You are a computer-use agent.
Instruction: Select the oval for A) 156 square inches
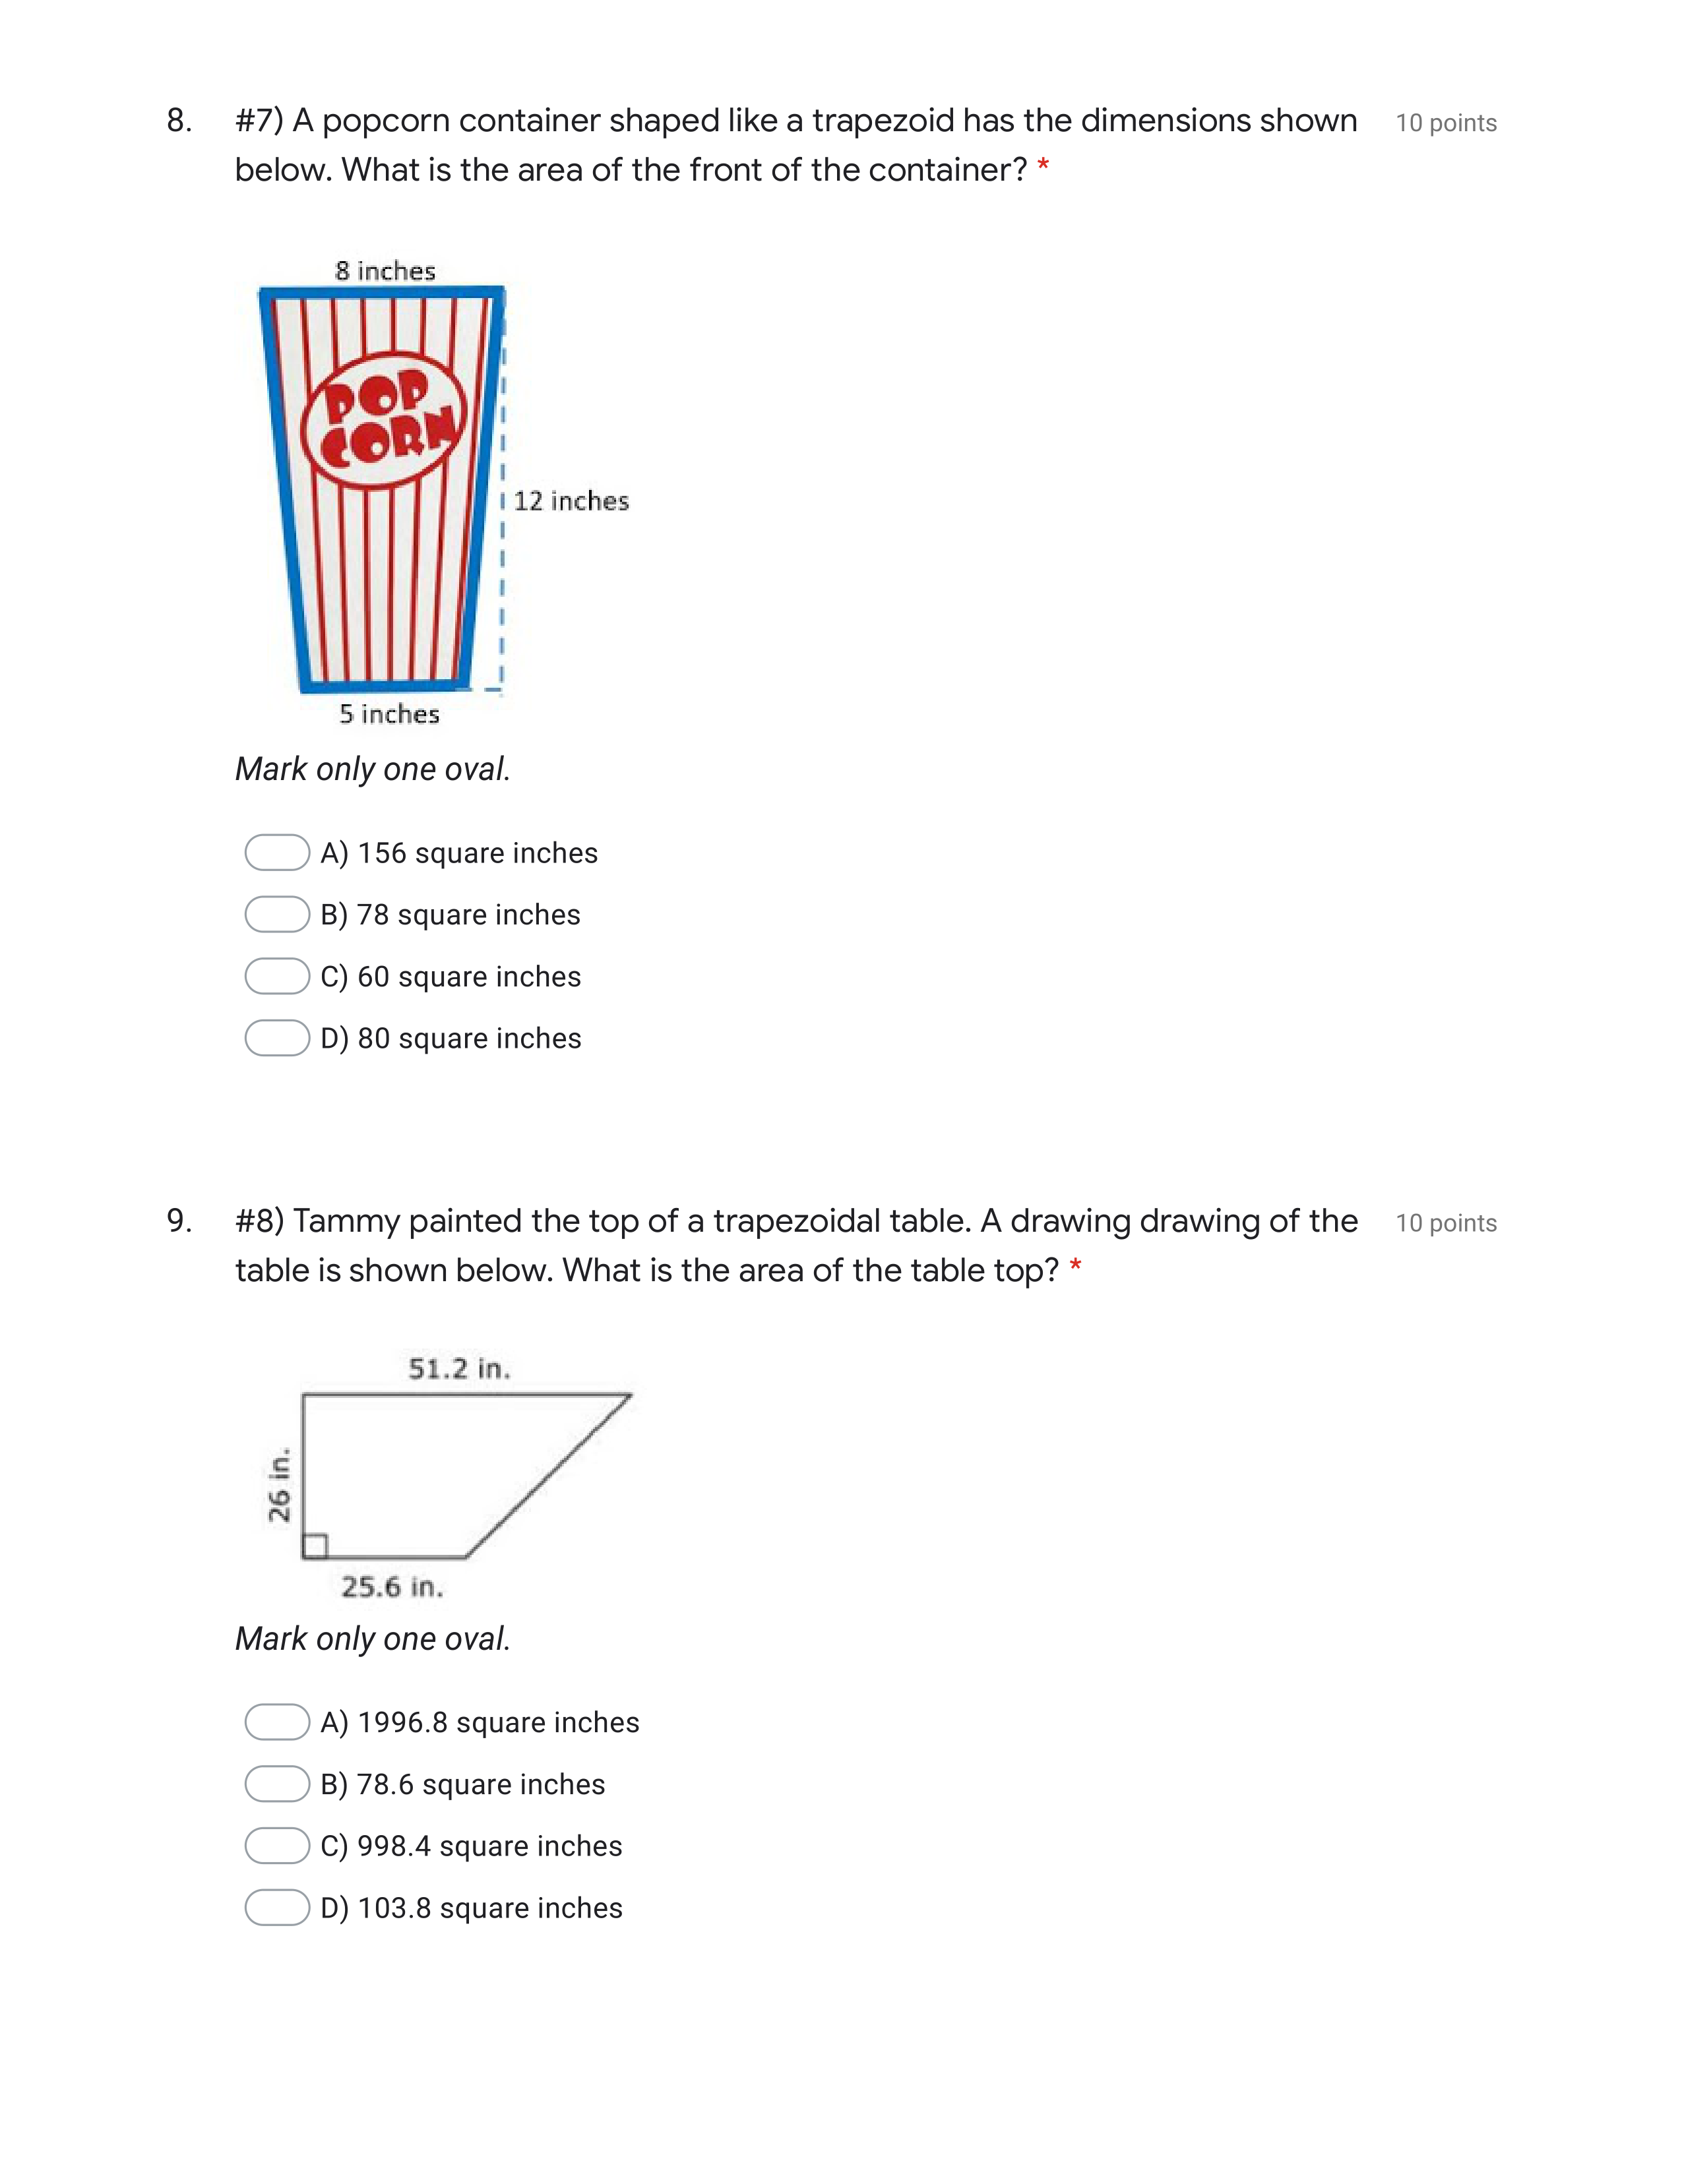pyautogui.click(x=277, y=853)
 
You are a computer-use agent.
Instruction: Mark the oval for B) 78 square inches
pyautogui.click(x=277, y=915)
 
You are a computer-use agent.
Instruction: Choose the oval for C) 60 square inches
pyautogui.click(x=277, y=977)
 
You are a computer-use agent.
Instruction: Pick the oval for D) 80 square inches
pyautogui.click(x=277, y=1038)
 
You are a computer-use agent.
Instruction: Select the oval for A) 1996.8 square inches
pyautogui.click(x=277, y=1722)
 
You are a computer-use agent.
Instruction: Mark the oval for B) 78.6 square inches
pyautogui.click(x=277, y=1784)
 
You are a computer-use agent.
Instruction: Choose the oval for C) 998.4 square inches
pyautogui.click(x=277, y=1846)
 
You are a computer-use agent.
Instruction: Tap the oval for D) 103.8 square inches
pyautogui.click(x=277, y=1908)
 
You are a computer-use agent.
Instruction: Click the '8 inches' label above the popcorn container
pyautogui.click(x=386, y=271)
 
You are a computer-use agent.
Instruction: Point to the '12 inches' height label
pyautogui.click(x=571, y=501)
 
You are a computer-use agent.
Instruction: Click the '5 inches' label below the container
pyautogui.click(x=389, y=713)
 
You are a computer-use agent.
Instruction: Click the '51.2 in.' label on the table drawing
pyautogui.click(x=459, y=1369)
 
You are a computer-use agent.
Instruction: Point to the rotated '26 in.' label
pyautogui.click(x=279, y=1484)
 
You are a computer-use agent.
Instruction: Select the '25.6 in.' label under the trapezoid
pyautogui.click(x=392, y=1587)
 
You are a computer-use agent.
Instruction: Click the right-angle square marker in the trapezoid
pyautogui.click(x=315, y=1546)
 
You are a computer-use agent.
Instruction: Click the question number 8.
pyautogui.click(x=179, y=121)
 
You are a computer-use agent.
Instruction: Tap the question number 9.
pyautogui.click(x=179, y=1221)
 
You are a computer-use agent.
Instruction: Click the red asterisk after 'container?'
pyautogui.click(x=1042, y=166)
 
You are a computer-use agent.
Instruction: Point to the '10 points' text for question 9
pyautogui.click(x=1446, y=1223)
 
